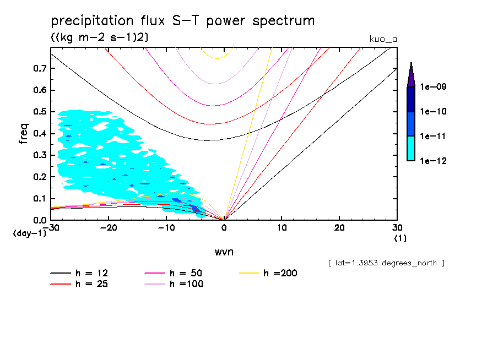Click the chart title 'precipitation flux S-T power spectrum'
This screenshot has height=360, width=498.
pyautogui.click(x=182, y=21)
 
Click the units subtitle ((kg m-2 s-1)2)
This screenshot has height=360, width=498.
pyautogui.click(x=99, y=37)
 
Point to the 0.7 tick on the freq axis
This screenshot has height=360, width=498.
pyautogui.click(x=39, y=69)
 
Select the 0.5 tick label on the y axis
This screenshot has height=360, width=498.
pyautogui.click(x=39, y=112)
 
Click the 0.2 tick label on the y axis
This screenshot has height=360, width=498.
pyautogui.click(x=39, y=177)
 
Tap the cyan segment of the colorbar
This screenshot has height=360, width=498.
pyautogui.click(x=411, y=149)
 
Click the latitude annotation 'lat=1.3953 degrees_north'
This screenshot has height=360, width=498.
pyautogui.click(x=386, y=263)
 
